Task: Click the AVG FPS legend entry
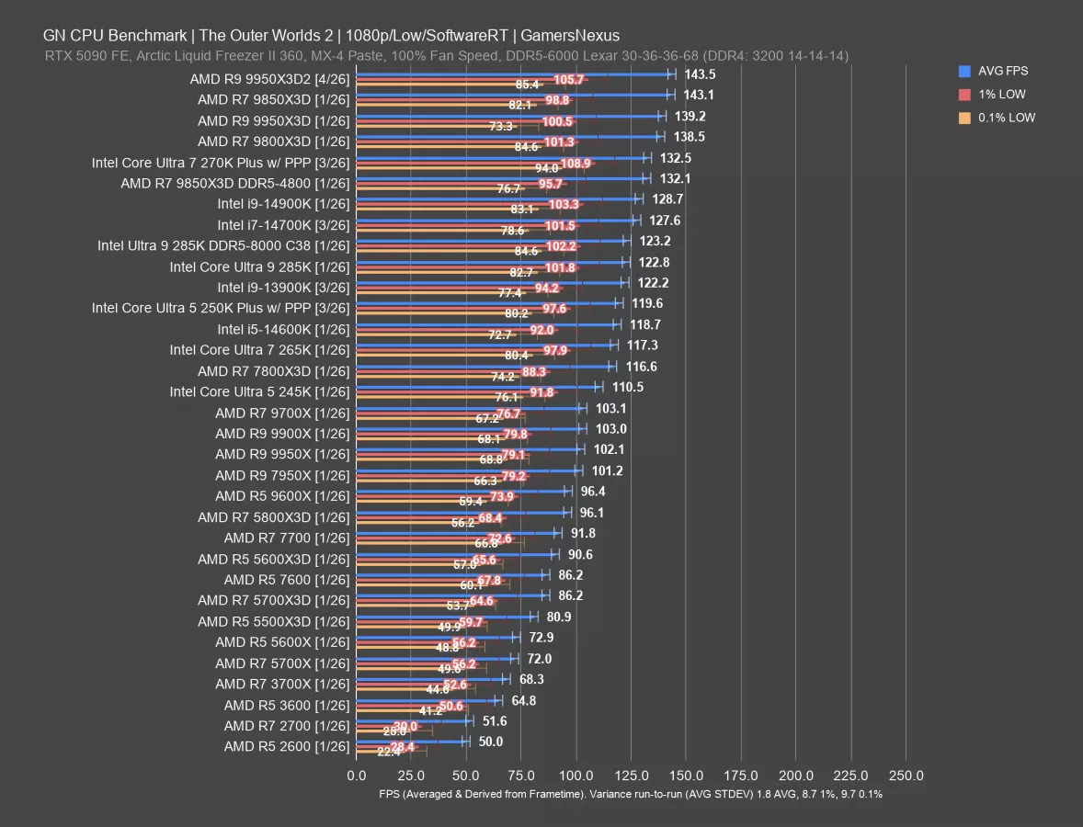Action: [x=1002, y=71]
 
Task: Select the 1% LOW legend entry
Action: [x=1002, y=94]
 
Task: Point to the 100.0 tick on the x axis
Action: [x=576, y=775]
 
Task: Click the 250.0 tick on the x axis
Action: [x=906, y=775]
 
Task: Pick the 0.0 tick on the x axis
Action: [x=357, y=775]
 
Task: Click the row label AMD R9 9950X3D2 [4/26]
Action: [x=269, y=78]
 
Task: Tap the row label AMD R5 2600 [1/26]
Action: [x=286, y=746]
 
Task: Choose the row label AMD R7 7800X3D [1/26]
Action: [x=273, y=370]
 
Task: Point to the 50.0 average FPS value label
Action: [x=490, y=742]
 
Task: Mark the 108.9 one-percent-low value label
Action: [x=576, y=163]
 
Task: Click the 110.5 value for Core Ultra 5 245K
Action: [x=627, y=388]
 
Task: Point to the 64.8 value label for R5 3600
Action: [x=524, y=700]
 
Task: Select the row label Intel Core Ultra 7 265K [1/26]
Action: [x=259, y=349]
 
